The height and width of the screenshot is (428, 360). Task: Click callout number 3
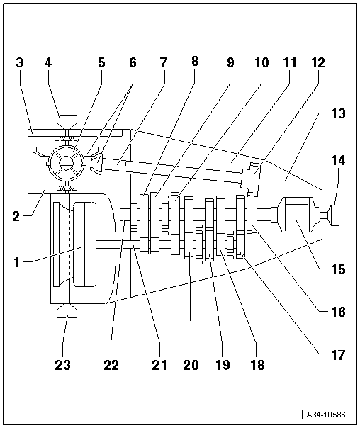(x=19, y=62)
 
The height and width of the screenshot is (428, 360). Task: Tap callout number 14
(x=338, y=160)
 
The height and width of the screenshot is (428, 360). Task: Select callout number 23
(x=63, y=365)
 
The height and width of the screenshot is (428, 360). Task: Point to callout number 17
(x=338, y=355)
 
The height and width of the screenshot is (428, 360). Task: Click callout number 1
(x=17, y=262)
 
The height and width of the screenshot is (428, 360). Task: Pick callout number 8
(x=195, y=61)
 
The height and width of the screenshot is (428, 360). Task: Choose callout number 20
(x=191, y=365)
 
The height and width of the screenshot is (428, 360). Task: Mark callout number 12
(x=318, y=62)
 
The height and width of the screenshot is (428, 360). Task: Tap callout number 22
(x=111, y=365)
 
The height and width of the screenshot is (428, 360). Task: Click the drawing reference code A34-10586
(x=327, y=415)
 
